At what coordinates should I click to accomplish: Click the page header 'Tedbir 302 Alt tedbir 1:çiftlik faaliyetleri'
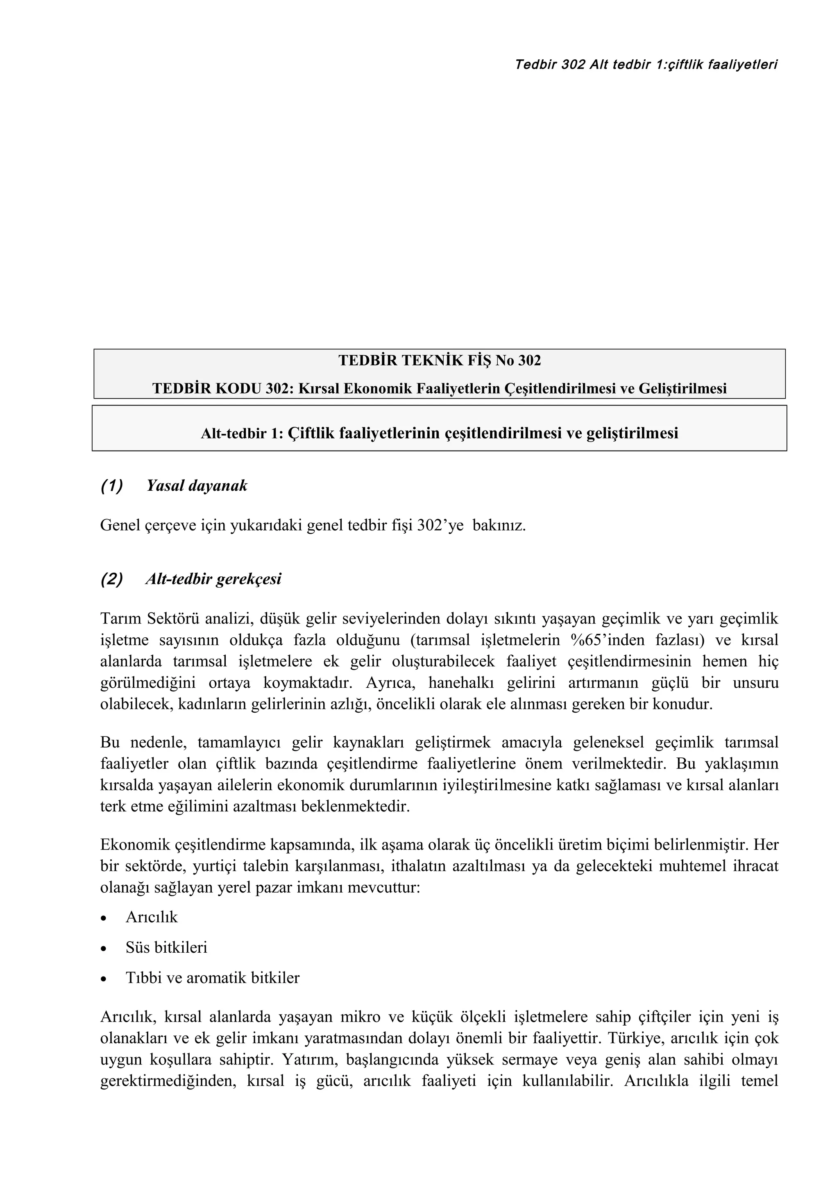click(646, 65)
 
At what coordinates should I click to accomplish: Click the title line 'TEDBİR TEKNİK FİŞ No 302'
click(440, 360)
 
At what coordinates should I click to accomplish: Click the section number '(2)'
click(112, 579)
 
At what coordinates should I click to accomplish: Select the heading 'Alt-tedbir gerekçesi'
click(213, 579)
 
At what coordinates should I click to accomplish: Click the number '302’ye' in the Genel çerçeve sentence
click(440, 526)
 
